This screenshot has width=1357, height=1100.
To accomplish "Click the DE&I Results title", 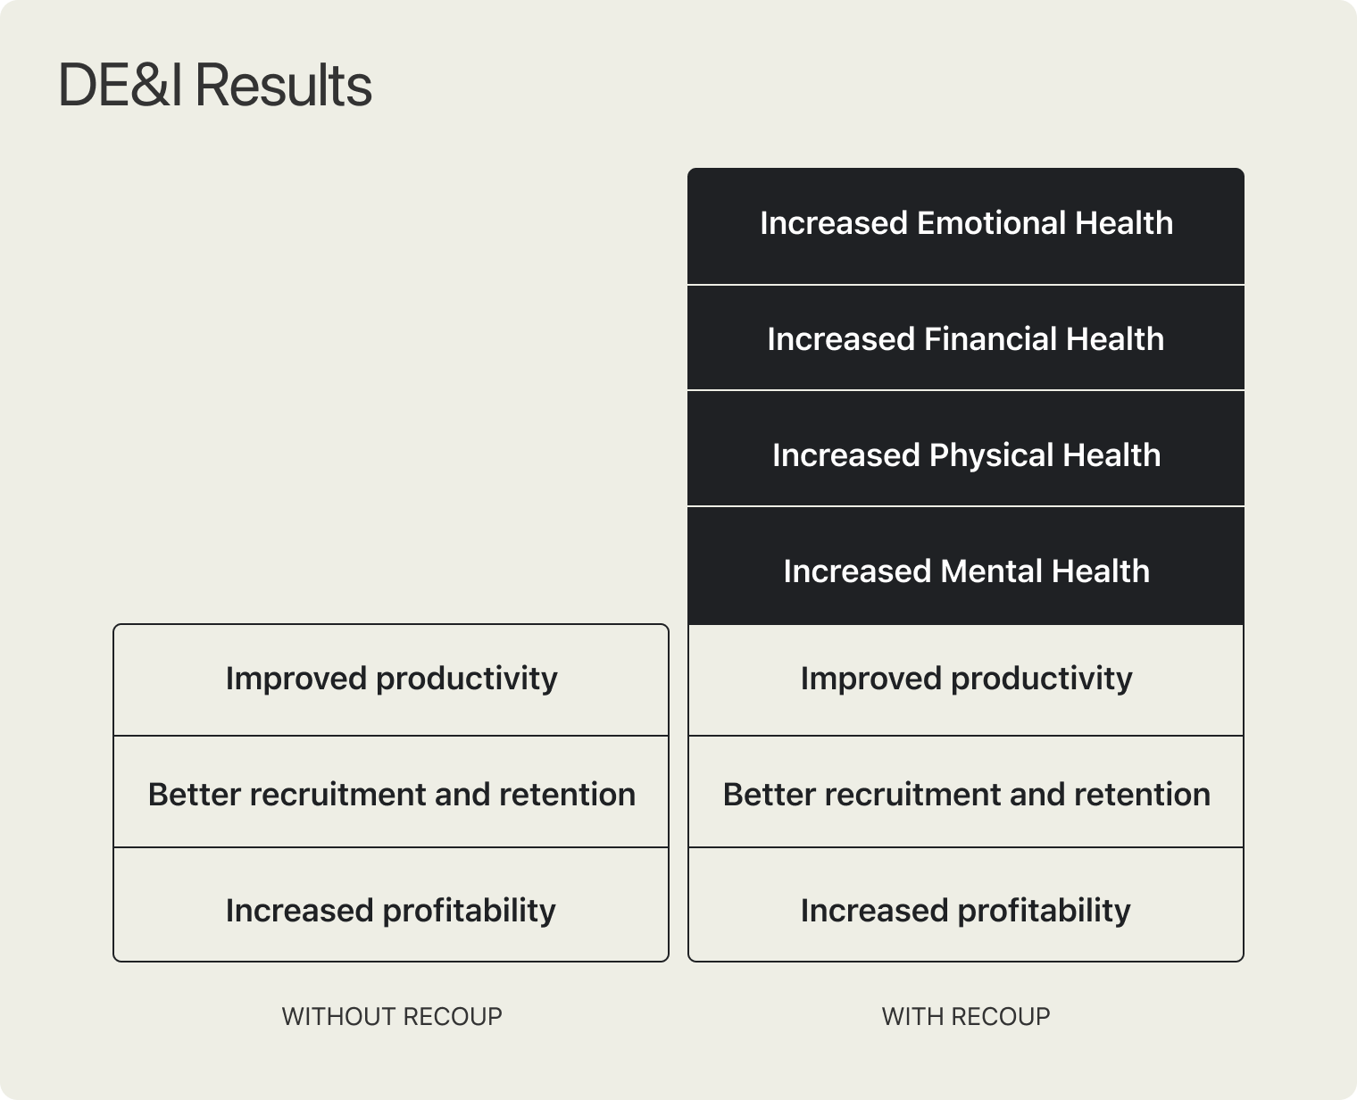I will [x=215, y=87].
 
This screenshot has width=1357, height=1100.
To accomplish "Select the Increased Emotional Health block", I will [x=966, y=223].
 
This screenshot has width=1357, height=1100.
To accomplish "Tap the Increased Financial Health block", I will [x=966, y=339].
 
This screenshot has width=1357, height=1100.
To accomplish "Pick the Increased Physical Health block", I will [x=966, y=455].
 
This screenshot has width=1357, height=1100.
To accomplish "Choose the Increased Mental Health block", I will [x=966, y=571].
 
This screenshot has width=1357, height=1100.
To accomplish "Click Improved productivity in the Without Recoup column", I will [x=391, y=679].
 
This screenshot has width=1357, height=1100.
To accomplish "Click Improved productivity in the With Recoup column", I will [x=966, y=679].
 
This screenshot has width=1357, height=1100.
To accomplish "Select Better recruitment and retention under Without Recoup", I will [x=391, y=794].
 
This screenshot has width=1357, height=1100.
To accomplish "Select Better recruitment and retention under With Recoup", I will [x=966, y=794].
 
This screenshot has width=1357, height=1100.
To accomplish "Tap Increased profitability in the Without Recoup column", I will [x=391, y=911].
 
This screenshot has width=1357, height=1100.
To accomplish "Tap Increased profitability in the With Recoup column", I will [x=966, y=911].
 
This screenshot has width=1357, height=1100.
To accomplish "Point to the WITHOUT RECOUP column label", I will [x=392, y=1016].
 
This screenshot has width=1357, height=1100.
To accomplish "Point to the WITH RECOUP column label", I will [x=966, y=1016].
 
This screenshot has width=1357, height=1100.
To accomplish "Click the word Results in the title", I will [x=282, y=87].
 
